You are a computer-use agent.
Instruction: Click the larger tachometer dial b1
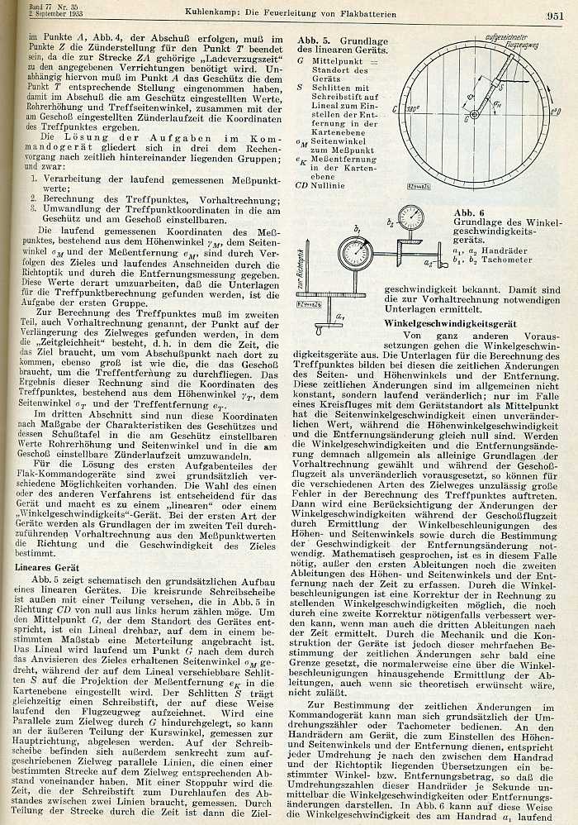click(357, 252)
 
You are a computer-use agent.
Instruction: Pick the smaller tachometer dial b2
click(410, 218)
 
